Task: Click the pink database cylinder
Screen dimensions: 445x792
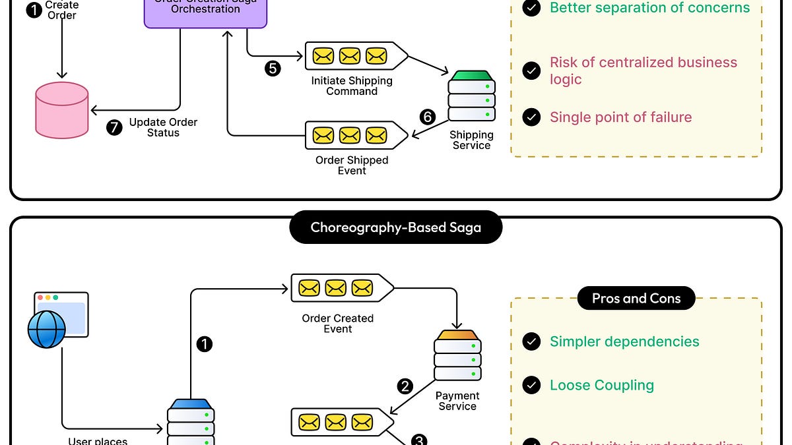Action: [61, 110]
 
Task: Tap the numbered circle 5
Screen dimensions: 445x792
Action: [273, 68]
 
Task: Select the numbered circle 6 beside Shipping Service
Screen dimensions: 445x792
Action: [428, 117]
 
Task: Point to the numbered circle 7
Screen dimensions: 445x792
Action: [115, 127]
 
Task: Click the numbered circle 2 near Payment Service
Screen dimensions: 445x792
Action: [405, 386]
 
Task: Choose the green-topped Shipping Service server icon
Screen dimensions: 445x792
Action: [471, 96]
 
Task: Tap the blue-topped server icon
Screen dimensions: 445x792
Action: [191, 422]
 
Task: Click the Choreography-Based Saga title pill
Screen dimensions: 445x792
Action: [395, 229]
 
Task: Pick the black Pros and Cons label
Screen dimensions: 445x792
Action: [636, 299]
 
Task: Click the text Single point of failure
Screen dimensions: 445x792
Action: [620, 117]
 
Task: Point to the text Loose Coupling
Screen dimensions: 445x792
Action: [601, 385]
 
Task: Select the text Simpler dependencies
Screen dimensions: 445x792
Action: [624, 341]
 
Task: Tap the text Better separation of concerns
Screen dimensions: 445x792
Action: [649, 8]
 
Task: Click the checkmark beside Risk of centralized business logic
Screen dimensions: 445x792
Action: [531, 71]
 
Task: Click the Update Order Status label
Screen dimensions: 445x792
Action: [163, 127]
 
